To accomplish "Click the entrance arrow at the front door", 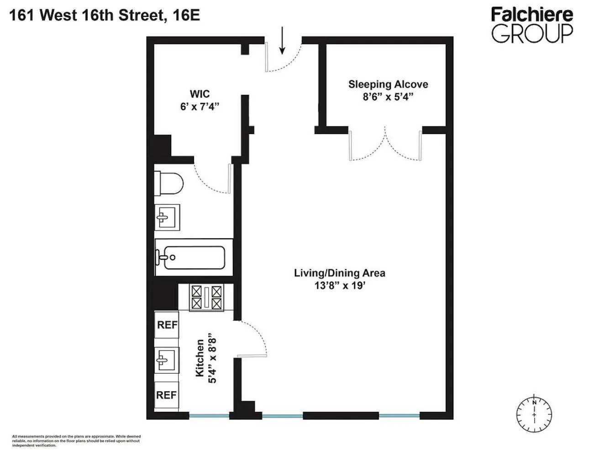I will [x=282, y=40].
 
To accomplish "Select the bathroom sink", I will [x=167, y=217].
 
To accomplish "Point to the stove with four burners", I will [x=207, y=297].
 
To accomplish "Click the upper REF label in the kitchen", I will [x=167, y=325].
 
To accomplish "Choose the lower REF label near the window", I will [x=166, y=395].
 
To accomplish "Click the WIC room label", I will [x=200, y=94].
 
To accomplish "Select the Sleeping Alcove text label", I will [x=388, y=84].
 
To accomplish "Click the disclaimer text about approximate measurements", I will [x=76, y=440].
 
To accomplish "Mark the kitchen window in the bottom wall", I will [x=209, y=416].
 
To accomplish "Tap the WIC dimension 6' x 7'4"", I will [x=200, y=106].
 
